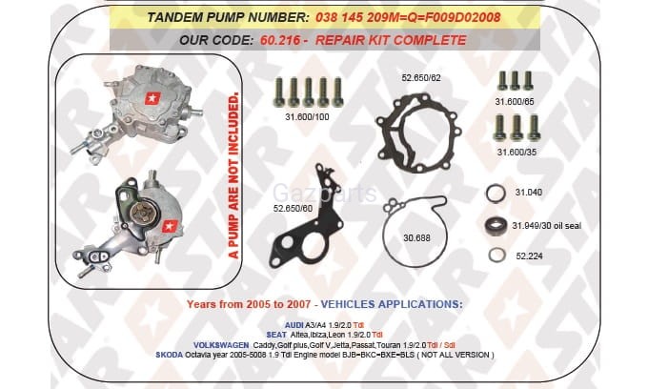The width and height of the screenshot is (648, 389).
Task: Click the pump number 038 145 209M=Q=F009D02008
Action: coord(408,17)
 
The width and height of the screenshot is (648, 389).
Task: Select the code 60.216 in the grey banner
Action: coord(280,40)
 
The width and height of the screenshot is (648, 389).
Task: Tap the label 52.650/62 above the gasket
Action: coord(421,78)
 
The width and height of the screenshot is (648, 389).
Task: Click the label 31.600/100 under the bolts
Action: coord(307,117)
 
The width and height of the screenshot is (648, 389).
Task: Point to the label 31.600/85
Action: coord(515,101)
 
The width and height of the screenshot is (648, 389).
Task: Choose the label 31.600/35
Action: coord(516,153)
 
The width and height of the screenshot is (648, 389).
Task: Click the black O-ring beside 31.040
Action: coord(496,194)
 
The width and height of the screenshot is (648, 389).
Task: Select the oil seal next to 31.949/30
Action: coord(496,225)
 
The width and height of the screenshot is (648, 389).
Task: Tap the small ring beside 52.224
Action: coord(496,256)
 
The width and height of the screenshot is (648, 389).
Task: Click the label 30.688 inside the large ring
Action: coord(416,238)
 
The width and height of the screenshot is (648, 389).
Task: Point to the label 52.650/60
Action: coord(293,209)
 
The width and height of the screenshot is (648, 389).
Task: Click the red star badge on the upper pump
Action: coord(152,98)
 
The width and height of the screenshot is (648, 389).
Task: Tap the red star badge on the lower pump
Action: coord(170,226)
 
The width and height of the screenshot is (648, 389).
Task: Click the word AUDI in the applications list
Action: coord(294,325)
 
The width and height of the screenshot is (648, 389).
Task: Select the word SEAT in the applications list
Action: coord(276,335)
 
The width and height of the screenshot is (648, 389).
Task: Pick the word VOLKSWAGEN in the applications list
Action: coord(221,345)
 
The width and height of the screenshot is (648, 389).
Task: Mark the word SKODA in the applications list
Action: coord(169,355)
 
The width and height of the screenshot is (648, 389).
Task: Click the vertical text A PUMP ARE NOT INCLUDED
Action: coord(233,175)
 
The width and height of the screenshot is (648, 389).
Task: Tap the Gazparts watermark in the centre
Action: coord(324,194)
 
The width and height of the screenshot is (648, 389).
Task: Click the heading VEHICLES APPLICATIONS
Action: coord(392,304)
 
